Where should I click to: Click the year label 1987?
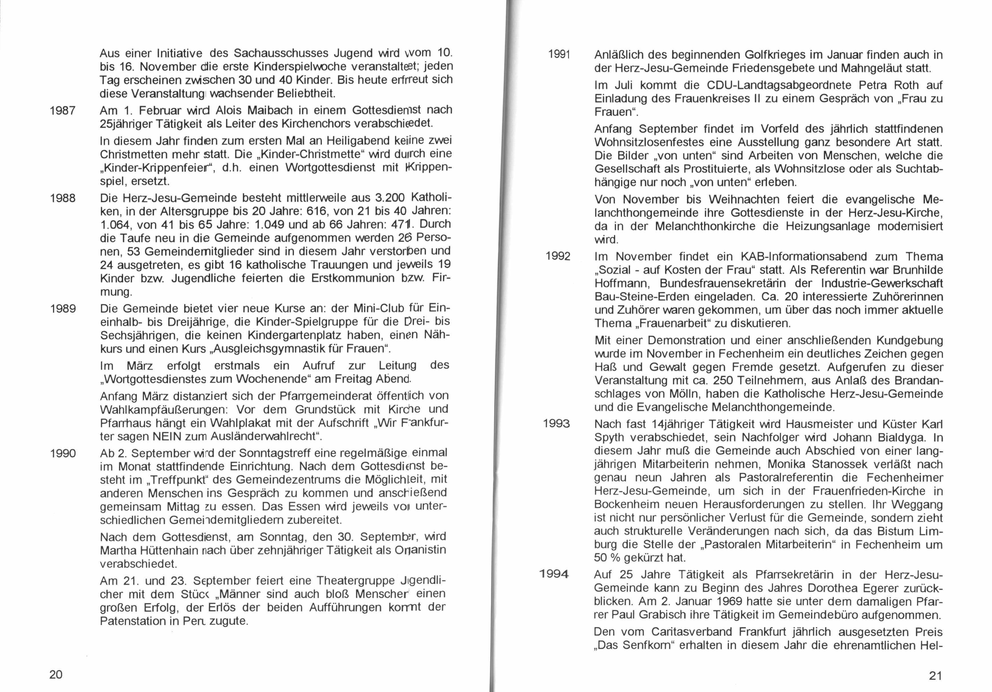tap(63, 111)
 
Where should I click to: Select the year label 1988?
tap(63, 198)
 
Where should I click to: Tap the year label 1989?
tap(63, 309)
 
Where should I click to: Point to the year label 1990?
tap(63, 453)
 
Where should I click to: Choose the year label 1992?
tap(558, 257)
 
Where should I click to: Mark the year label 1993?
tap(556, 424)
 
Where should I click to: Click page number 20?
tap(56, 674)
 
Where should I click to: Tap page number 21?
tap(935, 675)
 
